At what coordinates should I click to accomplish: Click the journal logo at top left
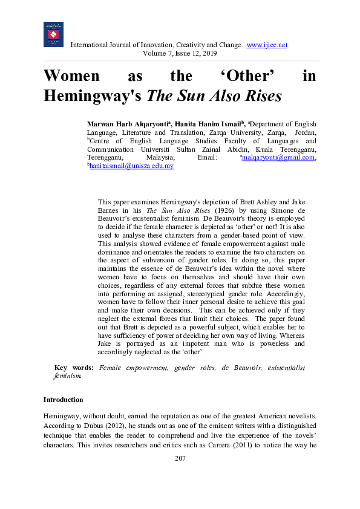pos(53,34)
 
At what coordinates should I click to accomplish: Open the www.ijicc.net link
pos(267,45)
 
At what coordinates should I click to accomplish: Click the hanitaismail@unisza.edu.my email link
pos(131,166)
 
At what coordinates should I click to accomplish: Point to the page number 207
pos(180,458)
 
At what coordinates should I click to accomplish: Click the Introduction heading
pos(64,400)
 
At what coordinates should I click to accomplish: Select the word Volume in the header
pos(154,53)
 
